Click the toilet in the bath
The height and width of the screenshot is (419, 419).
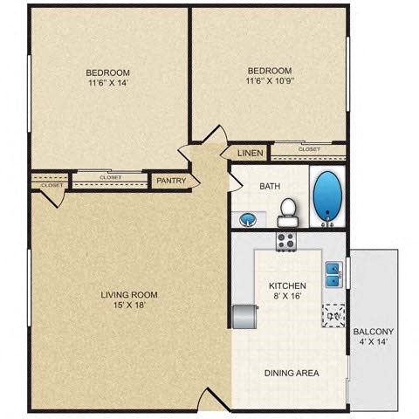tap(287, 210)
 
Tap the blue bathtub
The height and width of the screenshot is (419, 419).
tap(327, 196)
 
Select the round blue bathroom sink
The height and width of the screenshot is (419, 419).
tap(248, 218)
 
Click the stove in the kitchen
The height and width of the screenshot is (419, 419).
tap(286, 242)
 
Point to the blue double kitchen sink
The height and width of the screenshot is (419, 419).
tap(333, 274)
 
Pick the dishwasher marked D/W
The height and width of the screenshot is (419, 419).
tap(333, 315)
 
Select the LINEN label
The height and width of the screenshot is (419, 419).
tap(251, 154)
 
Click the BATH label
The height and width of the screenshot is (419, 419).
tap(269, 186)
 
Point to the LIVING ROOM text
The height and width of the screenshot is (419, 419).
tap(127, 294)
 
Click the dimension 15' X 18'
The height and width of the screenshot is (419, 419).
tap(127, 306)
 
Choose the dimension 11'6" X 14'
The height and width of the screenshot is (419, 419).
tap(108, 84)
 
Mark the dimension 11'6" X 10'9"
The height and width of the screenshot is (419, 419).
tap(270, 82)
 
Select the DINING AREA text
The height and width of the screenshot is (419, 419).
tap(292, 373)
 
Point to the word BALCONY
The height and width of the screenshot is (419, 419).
tap(374, 332)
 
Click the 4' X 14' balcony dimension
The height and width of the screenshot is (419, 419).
tap(374, 343)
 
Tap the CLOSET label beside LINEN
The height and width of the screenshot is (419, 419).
tap(309, 149)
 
